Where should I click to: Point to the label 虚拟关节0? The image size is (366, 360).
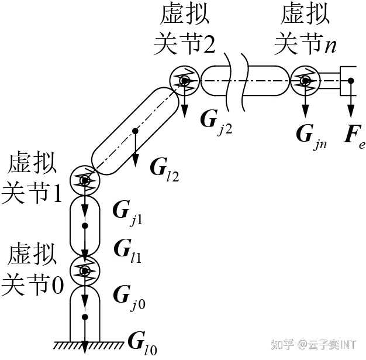(x=32, y=270)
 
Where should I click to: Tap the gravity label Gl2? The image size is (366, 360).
(x=163, y=170)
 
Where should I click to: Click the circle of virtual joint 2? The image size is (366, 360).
(x=185, y=80)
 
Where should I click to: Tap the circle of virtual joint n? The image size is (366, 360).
(x=305, y=80)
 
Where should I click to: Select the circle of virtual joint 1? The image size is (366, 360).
(x=85, y=180)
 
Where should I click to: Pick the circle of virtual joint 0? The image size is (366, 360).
(x=85, y=270)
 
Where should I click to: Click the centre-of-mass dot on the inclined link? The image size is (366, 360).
(x=136, y=131)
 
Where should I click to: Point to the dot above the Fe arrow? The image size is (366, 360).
(x=350, y=80)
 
